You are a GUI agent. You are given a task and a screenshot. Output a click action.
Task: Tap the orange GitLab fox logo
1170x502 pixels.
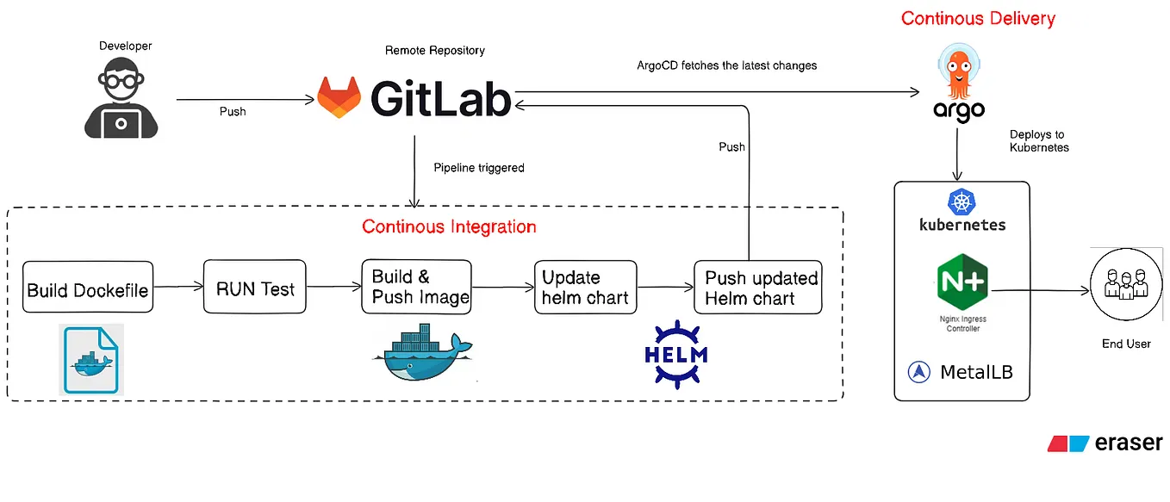pos(339,98)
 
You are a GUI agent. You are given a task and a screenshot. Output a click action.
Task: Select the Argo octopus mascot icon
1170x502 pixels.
pos(958,74)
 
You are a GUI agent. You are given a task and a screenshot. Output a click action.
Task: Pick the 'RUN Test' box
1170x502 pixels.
pos(255,288)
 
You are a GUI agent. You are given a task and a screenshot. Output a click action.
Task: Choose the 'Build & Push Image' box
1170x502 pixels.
pos(417,287)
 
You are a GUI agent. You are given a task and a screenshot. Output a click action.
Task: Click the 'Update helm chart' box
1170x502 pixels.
pos(584,288)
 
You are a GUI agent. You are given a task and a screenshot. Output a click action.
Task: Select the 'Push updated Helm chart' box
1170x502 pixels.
pos(758,288)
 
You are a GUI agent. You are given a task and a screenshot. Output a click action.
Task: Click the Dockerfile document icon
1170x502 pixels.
pos(91,359)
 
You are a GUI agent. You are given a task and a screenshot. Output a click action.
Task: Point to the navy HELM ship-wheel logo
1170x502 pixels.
pos(675,352)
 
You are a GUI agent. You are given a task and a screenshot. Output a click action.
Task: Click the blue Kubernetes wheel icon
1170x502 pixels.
pos(961,202)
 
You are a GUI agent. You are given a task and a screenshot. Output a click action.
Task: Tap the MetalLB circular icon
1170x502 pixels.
pos(919,373)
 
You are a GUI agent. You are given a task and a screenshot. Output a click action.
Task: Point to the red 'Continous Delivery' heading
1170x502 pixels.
pos(978,18)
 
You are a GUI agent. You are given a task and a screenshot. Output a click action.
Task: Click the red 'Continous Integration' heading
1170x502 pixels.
pos(449,226)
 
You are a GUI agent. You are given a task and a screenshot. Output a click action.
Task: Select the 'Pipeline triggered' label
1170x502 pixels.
pos(479,168)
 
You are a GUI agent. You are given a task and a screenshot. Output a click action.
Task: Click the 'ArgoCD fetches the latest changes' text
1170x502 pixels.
pos(726,65)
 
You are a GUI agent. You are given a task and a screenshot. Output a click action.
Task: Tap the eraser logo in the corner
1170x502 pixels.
pos(1105,443)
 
